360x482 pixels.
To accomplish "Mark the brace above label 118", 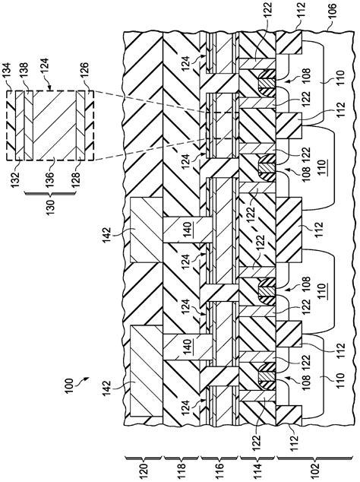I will pyautogui.click(x=182, y=455).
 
